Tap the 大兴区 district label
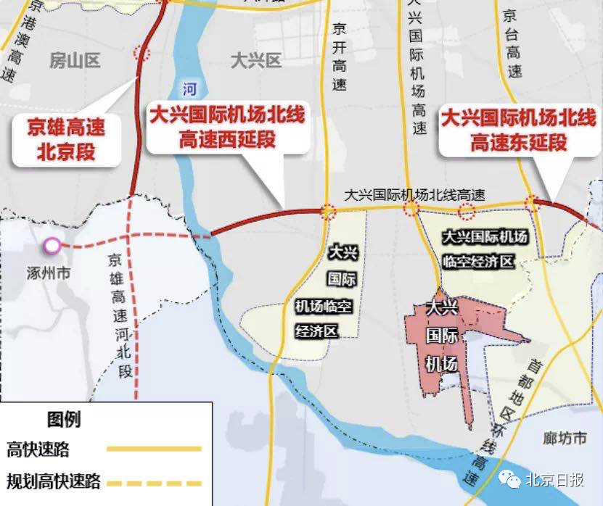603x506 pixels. pyautogui.click(x=255, y=60)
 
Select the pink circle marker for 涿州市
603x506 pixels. pyautogui.click(x=52, y=246)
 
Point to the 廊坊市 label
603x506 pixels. pyautogui.click(x=565, y=439)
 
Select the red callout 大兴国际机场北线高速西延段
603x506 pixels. pyautogui.click(x=226, y=126)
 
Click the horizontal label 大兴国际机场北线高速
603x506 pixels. pyautogui.click(x=414, y=194)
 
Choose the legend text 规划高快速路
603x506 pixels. pyautogui.click(x=53, y=481)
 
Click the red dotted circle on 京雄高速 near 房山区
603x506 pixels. pyautogui.click(x=141, y=53)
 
